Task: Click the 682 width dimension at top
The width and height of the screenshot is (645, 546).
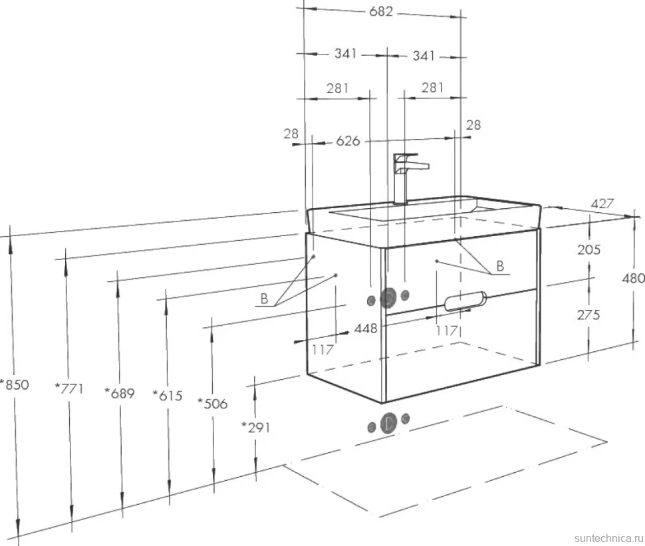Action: tap(381, 11)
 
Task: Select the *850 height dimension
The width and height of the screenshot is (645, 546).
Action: tap(15, 384)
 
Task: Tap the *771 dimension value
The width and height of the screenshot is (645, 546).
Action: tap(69, 388)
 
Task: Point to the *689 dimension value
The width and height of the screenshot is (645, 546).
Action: tap(120, 393)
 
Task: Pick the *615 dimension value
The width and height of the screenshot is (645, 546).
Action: tap(168, 396)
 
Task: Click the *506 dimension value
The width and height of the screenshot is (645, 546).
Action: tap(213, 404)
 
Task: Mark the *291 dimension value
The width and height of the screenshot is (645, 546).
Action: tap(256, 428)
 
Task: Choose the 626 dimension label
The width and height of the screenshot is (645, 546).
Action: tap(348, 141)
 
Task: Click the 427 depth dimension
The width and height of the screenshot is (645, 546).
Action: tap(602, 204)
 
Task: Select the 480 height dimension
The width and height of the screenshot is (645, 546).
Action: tap(634, 278)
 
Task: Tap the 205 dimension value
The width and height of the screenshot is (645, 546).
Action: tap(588, 249)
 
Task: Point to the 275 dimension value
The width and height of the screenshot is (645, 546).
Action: tap(588, 315)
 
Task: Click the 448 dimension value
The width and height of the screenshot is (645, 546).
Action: tap(366, 329)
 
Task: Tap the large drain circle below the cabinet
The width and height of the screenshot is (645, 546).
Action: tap(388, 424)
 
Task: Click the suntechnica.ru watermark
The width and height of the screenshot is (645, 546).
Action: tap(608, 538)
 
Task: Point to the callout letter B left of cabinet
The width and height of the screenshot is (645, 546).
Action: tap(264, 299)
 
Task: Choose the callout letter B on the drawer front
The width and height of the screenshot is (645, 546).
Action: tap(500, 266)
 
